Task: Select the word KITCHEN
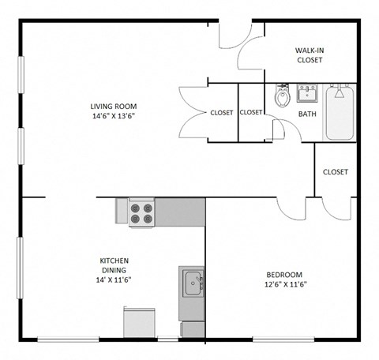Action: [x=114, y=261]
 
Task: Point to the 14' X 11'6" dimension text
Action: [x=114, y=279]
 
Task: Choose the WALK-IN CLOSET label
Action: [x=310, y=54]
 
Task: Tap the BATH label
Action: [x=307, y=114]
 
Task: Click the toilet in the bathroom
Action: [x=282, y=97]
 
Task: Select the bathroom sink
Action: [x=306, y=94]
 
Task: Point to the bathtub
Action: [x=340, y=113]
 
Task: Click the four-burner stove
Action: [x=142, y=212]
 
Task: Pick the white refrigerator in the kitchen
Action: [x=137, y=323]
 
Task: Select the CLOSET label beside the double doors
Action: [x=221, y=113]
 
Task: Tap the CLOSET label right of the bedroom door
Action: [x=336, y=172]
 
